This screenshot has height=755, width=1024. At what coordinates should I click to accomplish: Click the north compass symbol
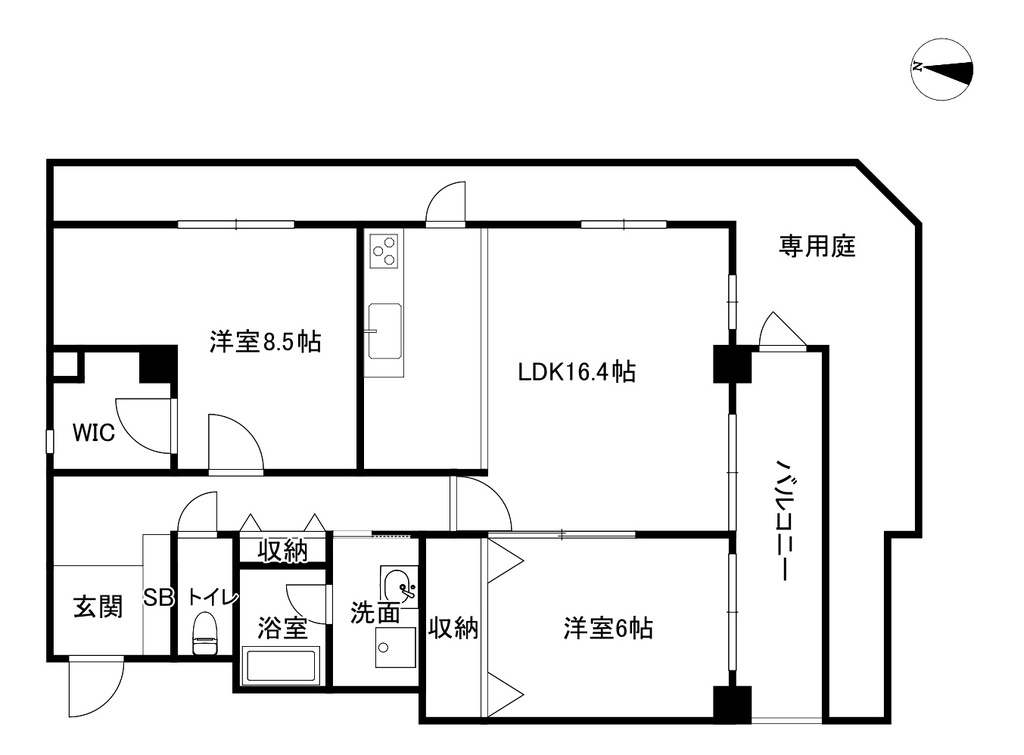(942, 69)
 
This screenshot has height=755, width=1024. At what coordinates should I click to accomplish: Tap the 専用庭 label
(817, 246)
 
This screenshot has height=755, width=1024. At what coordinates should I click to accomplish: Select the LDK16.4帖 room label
(577, 372)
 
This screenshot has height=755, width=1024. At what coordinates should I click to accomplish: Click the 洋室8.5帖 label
(265, 342)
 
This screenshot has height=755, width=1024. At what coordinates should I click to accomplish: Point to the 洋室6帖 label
(608, 628)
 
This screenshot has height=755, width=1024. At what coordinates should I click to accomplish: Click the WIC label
(93, 432)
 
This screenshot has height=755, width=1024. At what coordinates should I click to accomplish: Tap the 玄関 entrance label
(98, 607)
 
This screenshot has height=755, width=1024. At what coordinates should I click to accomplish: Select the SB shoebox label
(158, 597)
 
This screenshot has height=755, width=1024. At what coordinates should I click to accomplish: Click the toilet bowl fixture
(205, 632)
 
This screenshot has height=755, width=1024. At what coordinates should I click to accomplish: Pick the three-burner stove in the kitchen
(383, 251)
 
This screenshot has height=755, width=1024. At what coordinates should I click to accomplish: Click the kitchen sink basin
(385, 330)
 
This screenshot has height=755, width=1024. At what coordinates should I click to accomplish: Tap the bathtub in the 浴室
(280, 666)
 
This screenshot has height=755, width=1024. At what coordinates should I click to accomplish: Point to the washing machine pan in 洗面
(395, 647)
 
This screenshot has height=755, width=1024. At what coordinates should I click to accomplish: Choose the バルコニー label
(783, 519)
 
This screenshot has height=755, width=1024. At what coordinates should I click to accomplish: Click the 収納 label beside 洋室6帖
(453, 628)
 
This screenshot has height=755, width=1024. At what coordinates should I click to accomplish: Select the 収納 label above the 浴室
(282, 551)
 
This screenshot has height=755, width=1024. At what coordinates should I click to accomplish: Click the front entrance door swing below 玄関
(96, 688)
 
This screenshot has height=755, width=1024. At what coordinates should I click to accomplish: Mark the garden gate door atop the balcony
(783, 330)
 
